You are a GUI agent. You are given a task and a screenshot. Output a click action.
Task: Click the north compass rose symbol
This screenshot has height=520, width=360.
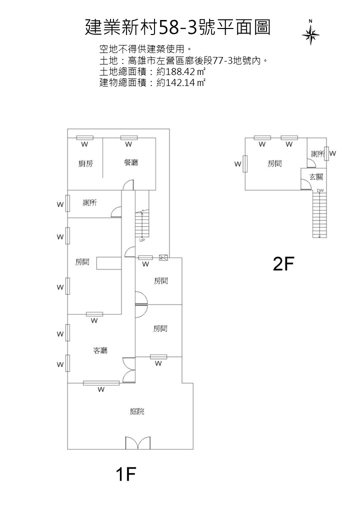(x=311, y=34)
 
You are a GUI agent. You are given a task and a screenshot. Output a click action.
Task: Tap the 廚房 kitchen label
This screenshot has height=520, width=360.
(x=85, y=163)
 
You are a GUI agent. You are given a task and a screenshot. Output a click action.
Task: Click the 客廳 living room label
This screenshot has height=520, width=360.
(x=100, y=350)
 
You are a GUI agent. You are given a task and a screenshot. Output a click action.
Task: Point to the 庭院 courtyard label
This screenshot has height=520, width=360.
(x=137, y=411)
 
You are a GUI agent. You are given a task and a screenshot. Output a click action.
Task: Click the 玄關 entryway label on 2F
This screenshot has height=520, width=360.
(x=316, y=176)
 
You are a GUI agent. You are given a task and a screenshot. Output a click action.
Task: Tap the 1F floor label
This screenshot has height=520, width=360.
(x=125, y=473)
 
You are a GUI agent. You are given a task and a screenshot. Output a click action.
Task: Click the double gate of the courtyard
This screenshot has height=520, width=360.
(x=137, y=443)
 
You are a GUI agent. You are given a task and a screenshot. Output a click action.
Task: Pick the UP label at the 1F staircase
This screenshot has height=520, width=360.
(x=142, y=240)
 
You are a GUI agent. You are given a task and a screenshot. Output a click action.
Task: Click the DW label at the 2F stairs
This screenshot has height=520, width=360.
(x=320, y=190)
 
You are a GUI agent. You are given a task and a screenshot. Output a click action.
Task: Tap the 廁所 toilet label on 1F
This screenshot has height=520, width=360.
(x=89, y=202)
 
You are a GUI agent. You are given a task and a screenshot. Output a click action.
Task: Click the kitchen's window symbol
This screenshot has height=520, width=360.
(x=84, y=138)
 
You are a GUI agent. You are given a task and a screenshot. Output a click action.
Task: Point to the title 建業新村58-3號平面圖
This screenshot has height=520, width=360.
(x=178, y=27)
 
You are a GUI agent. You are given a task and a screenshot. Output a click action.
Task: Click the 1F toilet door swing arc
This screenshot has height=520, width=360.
(x=116, y=212)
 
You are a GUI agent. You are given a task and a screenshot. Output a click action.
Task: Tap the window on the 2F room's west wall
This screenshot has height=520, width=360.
(x=245, y=163)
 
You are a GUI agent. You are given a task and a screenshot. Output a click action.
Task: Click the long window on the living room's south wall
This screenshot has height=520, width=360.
(x=101, y=383)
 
